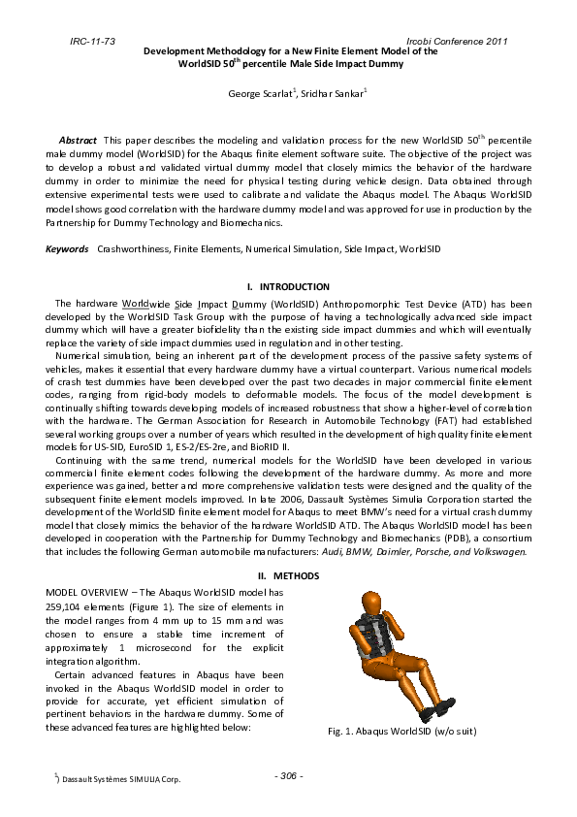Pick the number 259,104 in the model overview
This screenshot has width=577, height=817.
coord(67,605)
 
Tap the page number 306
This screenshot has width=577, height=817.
coord(288,775)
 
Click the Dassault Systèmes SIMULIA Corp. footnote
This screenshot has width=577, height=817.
coord(121,779)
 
